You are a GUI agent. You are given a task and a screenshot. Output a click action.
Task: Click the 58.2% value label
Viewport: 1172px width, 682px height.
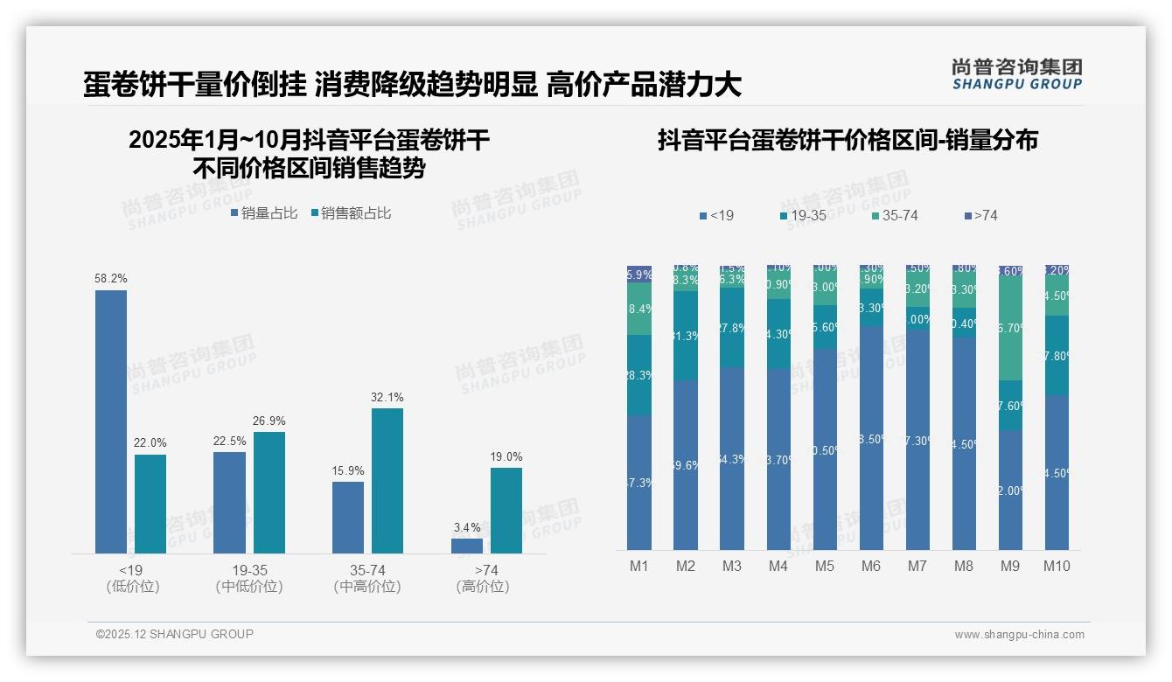click(x=111, y=278)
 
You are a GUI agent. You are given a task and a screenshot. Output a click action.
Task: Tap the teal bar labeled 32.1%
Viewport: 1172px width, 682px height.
click(x=387, y=481)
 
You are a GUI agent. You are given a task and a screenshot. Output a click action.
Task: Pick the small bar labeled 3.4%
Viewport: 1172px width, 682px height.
click(x=467, y=546)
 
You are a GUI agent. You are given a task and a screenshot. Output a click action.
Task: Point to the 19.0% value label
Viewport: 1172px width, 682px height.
click(x=506, y=456)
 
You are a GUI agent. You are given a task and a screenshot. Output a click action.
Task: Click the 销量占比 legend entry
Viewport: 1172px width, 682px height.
click(x=264, y=212)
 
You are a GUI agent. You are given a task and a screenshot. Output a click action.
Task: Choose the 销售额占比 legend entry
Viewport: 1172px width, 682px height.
click(x=351, y=212)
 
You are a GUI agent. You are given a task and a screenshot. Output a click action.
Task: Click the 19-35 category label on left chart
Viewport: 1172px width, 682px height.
click(x=249, y=570)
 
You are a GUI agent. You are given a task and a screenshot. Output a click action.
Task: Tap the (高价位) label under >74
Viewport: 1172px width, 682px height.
click(x=483, y=587)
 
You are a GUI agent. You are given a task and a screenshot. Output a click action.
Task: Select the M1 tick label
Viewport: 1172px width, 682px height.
click(x=639, y=566)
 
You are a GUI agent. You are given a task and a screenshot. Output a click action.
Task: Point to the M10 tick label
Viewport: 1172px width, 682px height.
click(x=1057, y=566)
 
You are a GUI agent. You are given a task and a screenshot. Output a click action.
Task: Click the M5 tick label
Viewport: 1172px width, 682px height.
click(x=825, y=566)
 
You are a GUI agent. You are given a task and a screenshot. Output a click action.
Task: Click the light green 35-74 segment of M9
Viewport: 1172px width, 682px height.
click(x=1010, y=328)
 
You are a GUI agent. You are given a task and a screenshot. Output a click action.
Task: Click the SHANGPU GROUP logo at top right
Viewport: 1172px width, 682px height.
click(x=1016, y=73)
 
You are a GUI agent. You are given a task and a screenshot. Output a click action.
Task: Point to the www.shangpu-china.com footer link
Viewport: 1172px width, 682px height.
click(x=1019, y=635)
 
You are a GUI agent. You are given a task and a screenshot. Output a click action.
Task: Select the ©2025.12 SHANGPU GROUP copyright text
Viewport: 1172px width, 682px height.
click(x=175, y=634)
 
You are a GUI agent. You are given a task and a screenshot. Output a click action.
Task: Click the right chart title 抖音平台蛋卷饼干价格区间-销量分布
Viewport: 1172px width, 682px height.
click(x=848, y=140)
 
